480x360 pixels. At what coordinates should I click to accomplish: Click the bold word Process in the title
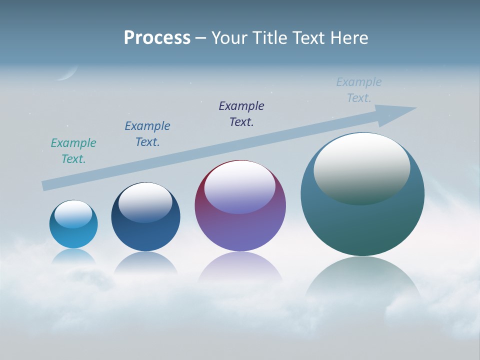click(x=157, y=37)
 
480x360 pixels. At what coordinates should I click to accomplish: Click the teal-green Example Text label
click(x=73, y=151)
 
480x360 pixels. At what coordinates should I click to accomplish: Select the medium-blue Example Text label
click(x=147, y=134)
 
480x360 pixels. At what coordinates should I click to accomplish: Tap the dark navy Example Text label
click(x=241, y=114)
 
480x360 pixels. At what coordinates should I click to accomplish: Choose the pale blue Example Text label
click(x=359, y=90)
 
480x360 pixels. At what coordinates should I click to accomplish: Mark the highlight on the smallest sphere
click(x=73, y=214)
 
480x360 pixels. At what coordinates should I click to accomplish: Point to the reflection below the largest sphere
click(x=362, y=280)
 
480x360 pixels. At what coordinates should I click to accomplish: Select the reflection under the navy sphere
click(x=145, y=263)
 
